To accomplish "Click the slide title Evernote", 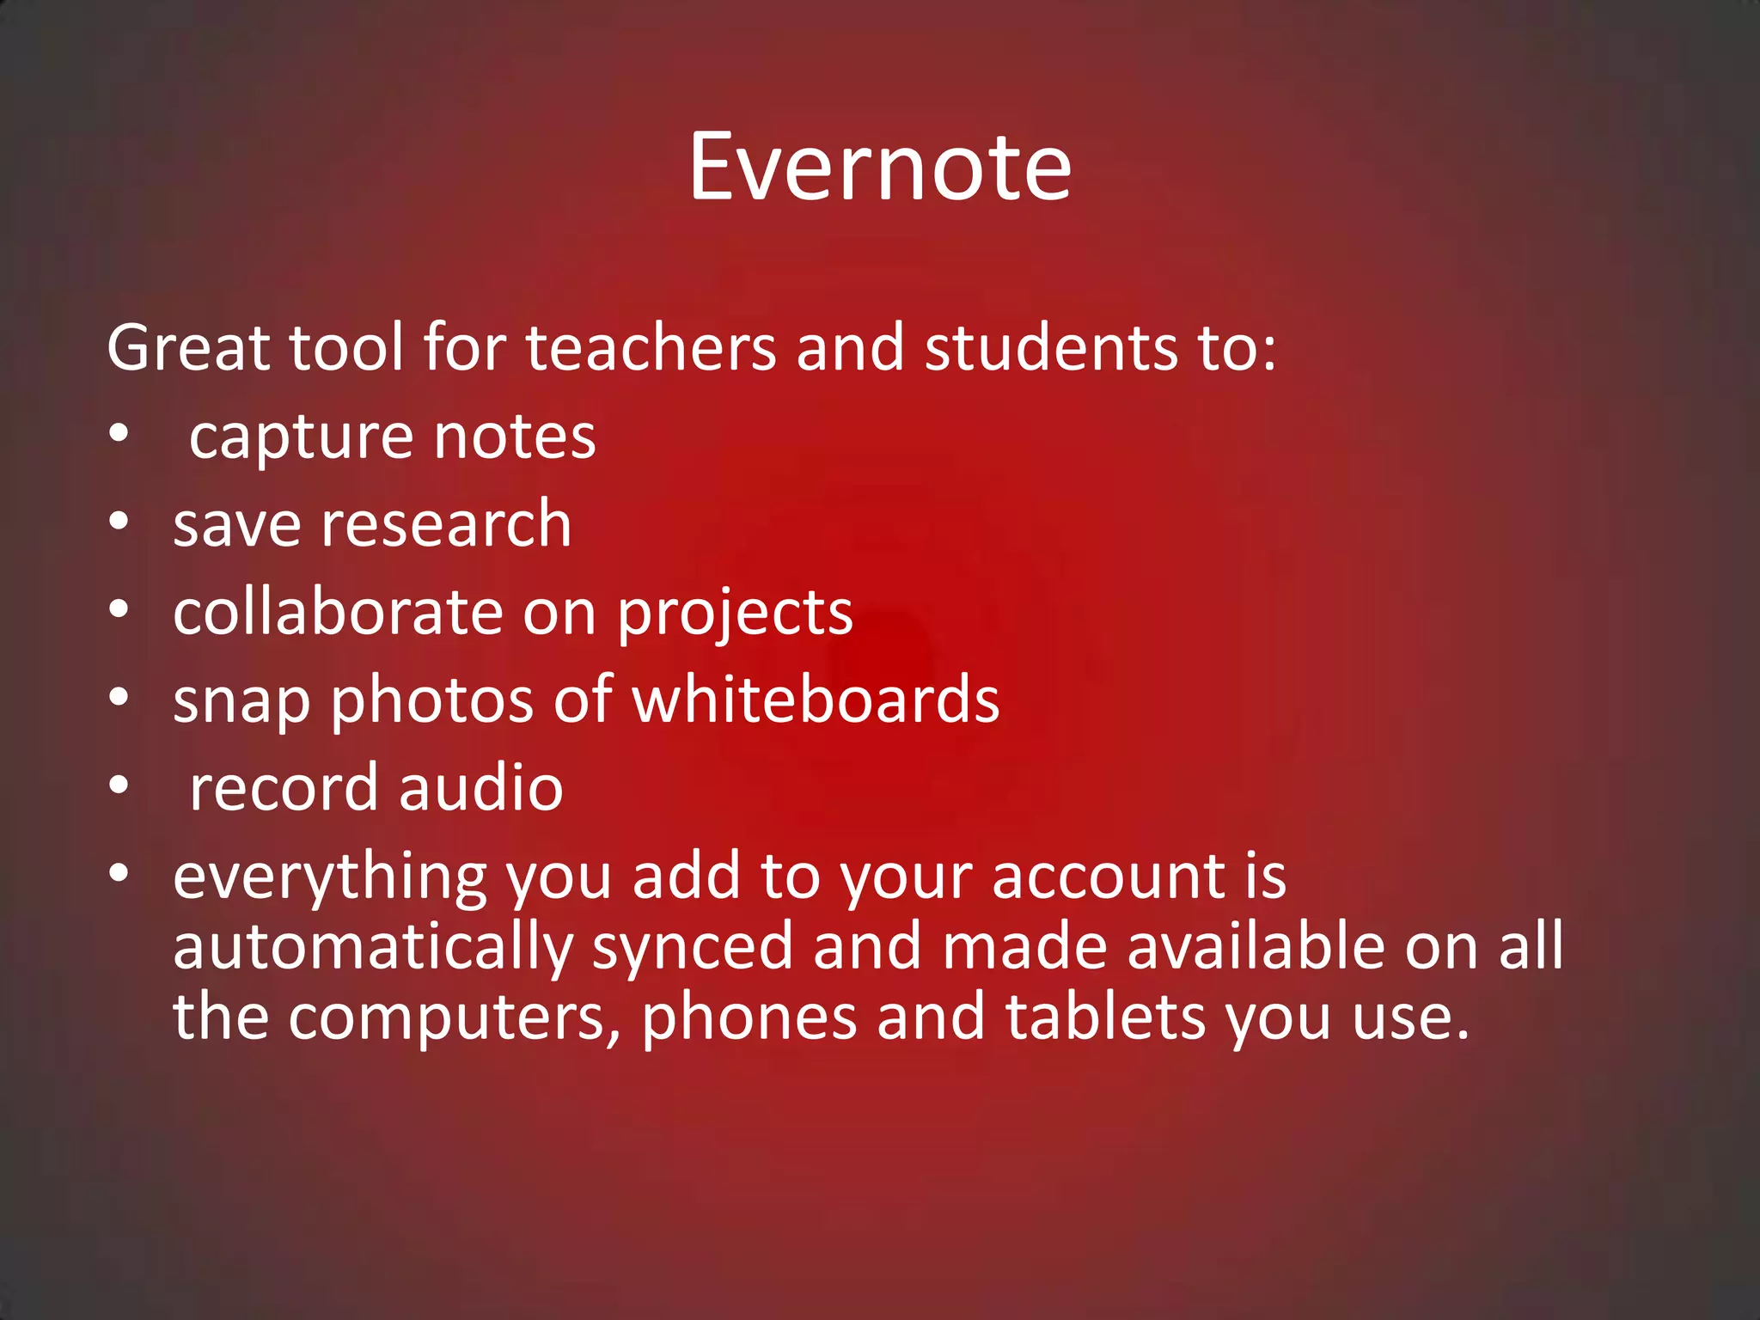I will pyautogui.click(x=879, y=167).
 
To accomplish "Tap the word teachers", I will pyautogui.click(x=651, y=348).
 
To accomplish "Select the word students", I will pyautogui.click(x=1050, y=348).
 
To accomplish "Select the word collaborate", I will pyautogui.click(x=337, y=612).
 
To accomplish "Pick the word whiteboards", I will pyautogui.click(x=816, y=700).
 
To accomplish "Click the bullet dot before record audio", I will pyautogui.click(x=119, y=785).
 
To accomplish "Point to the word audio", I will pyautogui.click(x=480, y=788).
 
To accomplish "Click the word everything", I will pyautogui.click(x=330, y=878).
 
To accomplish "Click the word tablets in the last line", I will pyautogui.click(x=1106, y=1017).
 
